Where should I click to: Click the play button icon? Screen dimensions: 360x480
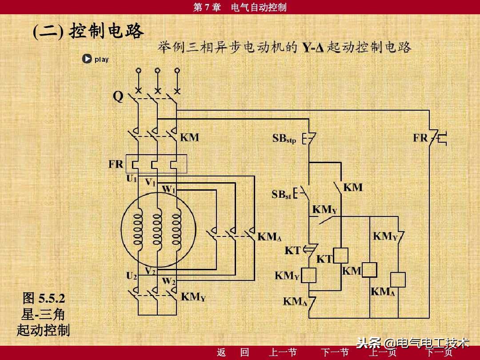pos(87,59)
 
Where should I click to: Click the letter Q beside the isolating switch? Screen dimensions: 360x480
pos(118,96)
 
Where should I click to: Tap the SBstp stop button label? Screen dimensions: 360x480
pos(284,139)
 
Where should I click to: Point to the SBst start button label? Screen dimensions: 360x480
pos(281,195)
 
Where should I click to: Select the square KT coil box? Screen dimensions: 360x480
pos(340,255)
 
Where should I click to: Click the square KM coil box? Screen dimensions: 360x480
pos(369,270)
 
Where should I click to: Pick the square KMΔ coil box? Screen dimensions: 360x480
pos(397,280)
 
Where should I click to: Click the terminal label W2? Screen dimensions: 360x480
pos(168,281)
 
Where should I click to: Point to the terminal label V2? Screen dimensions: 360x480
pos(150,271)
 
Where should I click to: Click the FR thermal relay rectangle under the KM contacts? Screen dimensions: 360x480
pos(156,164)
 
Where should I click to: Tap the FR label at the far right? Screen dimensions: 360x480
pos(420,138)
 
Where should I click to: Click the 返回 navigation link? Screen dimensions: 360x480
pos(233,353)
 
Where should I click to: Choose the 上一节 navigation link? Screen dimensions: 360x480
pos(283,353)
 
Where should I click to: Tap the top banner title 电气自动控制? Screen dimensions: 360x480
pos(259,7)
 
